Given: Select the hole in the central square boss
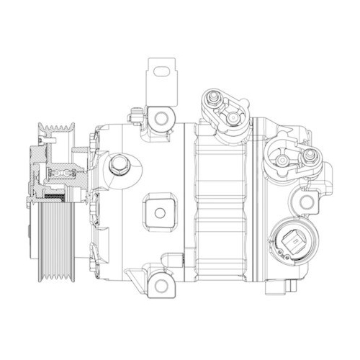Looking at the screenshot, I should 159,210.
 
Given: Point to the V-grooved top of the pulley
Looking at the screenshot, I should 57,132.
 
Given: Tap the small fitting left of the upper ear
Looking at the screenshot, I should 134,114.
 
